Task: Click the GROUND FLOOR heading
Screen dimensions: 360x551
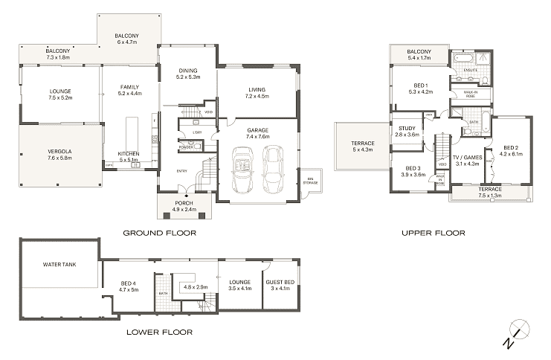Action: point(160,233)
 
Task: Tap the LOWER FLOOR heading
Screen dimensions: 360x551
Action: point(160,332)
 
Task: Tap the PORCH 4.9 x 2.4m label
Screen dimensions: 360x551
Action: point(184,206)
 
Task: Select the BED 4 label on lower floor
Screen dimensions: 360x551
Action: point(129,286)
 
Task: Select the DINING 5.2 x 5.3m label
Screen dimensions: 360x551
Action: point(187,74)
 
